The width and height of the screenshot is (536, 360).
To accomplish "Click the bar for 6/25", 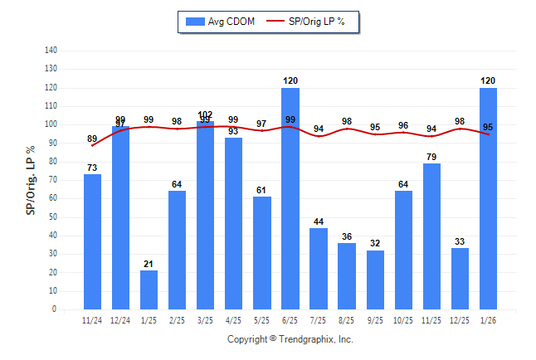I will click(x=290, y=199).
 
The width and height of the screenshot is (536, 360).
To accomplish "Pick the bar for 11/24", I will click(x=93, y=242).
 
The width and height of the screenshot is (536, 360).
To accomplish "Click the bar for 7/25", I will click(x=319, y=269).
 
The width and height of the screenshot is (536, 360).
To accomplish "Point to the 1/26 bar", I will click(x=489, y=199).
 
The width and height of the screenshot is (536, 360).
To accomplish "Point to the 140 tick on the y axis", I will click(x=51, y=50).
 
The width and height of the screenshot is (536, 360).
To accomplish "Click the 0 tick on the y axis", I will click(x=54, y=309).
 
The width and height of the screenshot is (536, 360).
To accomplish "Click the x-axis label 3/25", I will click(x=205, y=320).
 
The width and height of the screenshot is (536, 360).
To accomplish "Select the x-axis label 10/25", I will click(x=403, y=320).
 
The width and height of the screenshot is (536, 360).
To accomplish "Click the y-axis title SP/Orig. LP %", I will click(x=31, y=180).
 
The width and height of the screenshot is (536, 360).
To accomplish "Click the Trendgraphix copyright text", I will click(x=290, y=339).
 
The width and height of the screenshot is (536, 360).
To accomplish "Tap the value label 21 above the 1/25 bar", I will click(x=149, y=265).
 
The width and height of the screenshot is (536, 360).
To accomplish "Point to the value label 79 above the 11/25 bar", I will click(x=431, y=157).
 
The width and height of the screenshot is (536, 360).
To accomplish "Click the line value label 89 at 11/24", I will click(x=92, y=139).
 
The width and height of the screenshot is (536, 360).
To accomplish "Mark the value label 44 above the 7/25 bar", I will click(x=319, y=221).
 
